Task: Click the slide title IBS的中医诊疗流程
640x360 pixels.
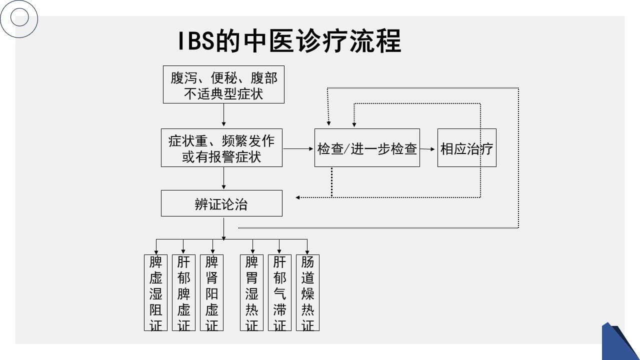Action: click(x=290, y=41)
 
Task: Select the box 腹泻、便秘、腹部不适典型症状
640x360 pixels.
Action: click(x=223, y=84)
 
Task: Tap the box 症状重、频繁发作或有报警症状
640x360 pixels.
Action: click(x=221, y=147)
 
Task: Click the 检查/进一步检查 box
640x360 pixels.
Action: click(x=367, y=148)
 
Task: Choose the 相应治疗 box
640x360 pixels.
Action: click(x=466, y=148)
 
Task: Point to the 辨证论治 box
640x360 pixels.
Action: click(x=221, y=203)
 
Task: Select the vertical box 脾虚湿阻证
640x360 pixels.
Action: click(x=156, y=292)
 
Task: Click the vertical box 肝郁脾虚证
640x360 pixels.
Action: click(x=183, y=292)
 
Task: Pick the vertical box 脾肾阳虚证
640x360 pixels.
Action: click(x=212, y=292)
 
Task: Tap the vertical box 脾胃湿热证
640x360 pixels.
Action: click(x=252, y=292)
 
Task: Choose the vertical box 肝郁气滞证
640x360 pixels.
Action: click(x=279, y=292)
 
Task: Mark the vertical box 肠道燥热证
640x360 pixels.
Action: click(x=307, y=292)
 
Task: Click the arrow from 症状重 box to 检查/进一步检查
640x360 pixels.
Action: click(x=298, y=148)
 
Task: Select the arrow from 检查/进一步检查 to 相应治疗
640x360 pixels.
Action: click(x=428, y=148)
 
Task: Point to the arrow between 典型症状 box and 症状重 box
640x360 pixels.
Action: click(x=223, y=115)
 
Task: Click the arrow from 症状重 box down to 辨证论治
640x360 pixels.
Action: click(x=223, y=178)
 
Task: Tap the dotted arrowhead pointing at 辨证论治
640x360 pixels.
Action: click(x=298, y=197)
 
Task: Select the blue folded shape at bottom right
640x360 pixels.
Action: click(x=620, y=342)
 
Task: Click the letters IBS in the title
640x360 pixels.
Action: click(x=196, y=42)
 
